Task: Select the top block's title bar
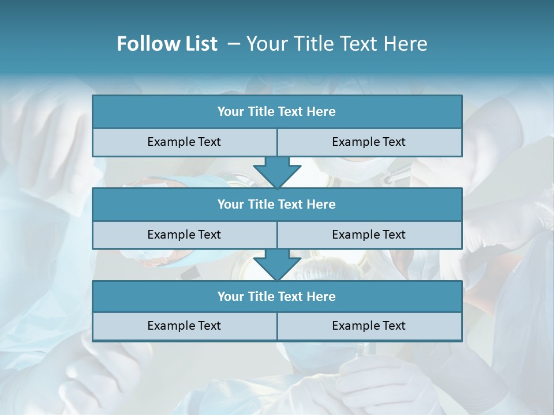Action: [x=277, y=112]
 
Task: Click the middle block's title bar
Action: [x=277, y=204]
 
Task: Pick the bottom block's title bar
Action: [x=277, y=296]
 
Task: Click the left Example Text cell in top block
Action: [x=185, y=142]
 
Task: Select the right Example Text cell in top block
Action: [x=369, y=142]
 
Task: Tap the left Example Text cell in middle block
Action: [x=185, y=235]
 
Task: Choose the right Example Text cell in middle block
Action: [x=369, y=235]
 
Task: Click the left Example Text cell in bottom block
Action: [x=185, y=326]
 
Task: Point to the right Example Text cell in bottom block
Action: [x=369, y=326]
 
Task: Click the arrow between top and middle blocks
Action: [x=277, y=172]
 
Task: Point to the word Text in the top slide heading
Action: [x=358, y=44]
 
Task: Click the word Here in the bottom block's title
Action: [x=321, y=296]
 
